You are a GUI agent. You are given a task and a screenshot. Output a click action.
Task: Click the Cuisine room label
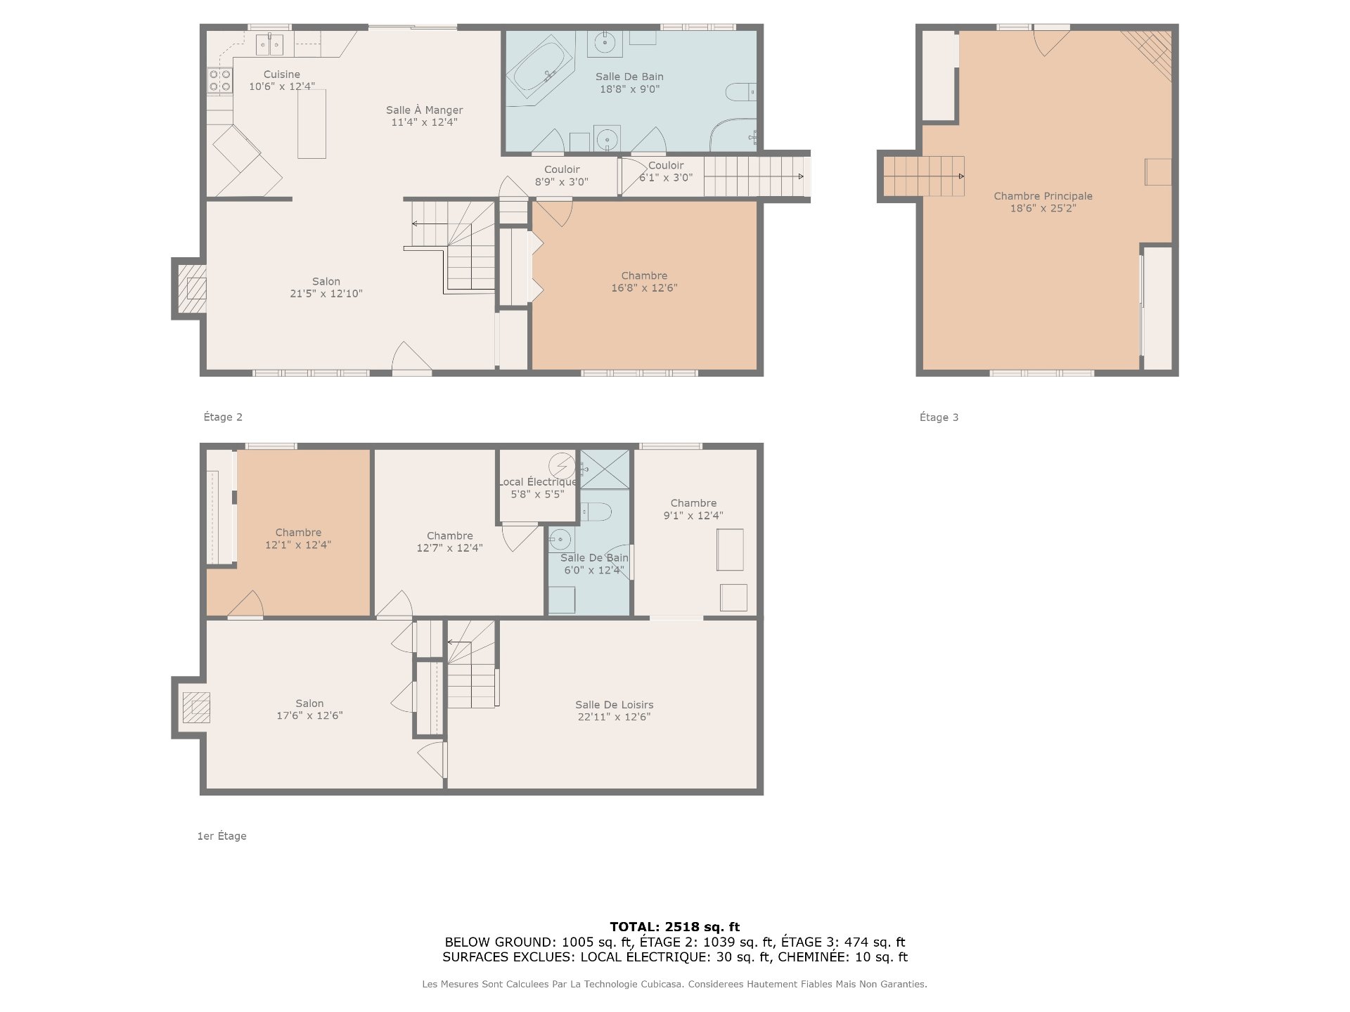point(281,74)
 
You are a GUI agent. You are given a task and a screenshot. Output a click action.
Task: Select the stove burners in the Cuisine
point(220,81)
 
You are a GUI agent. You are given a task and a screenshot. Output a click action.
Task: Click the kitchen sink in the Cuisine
point(269,44)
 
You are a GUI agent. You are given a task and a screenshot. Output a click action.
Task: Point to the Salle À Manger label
point(424,110)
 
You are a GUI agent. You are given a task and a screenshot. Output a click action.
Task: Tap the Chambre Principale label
point(1043,196)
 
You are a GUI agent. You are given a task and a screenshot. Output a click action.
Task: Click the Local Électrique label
point(538,482)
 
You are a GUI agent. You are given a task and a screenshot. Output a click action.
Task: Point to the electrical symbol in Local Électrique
point(561,465)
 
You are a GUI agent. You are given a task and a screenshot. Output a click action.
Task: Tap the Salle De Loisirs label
point(614,705)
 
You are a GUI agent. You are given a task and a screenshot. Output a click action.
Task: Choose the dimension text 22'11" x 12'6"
point(614,717)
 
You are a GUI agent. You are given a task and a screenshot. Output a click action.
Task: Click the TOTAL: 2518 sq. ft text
point(674,927)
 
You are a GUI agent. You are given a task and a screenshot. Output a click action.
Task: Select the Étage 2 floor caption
point(223,417)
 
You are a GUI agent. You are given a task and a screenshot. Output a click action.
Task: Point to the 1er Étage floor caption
point(221,836)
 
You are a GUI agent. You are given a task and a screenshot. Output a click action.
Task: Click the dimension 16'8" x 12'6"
point(644,287)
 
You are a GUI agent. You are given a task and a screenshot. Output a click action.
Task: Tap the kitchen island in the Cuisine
point(311,124)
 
